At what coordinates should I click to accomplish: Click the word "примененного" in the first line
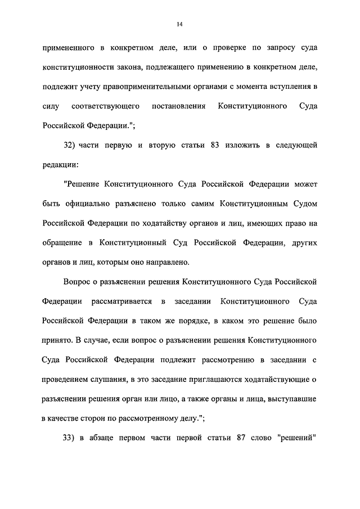coord(66,49)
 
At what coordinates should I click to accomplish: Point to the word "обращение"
coord(62,243)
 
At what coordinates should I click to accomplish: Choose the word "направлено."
coord(168,262)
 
